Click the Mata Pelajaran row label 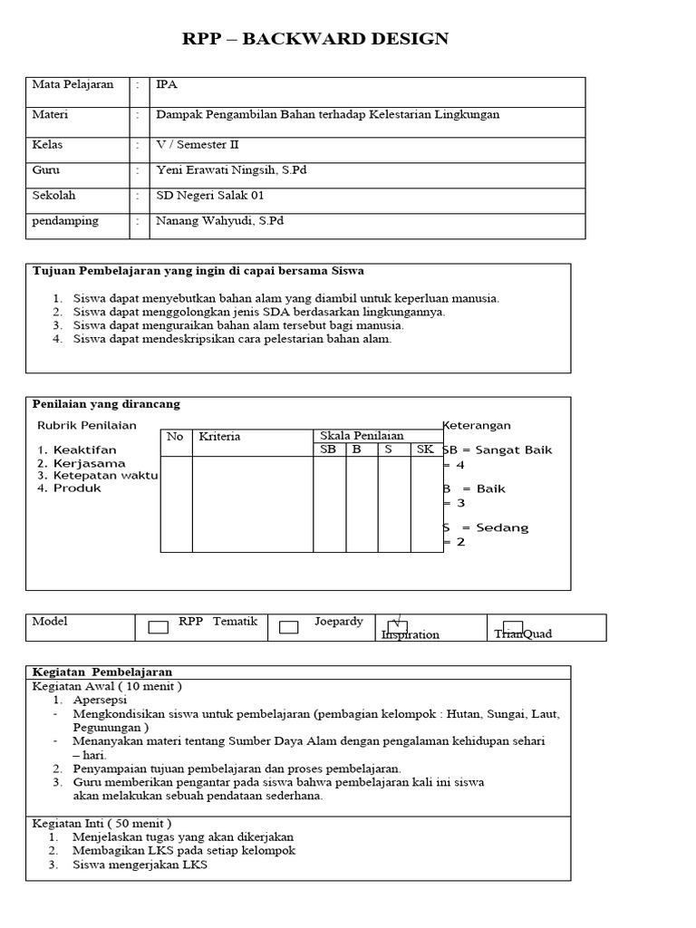[x=72, y=84]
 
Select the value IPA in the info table [x=166, y=84]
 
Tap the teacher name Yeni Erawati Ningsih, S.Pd [x=231, y=169]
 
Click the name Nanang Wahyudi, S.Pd [x=220, y=220]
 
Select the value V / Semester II [x=198, y=144]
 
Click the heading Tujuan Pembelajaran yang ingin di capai [x=198, y=270]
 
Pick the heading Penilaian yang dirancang [x=106, y=403]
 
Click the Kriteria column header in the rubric [x=219, y=436]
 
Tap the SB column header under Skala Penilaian [x=329, y=449]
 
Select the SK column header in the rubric [x=425, y=449]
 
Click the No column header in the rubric [x=175, y=436]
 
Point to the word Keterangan [x=477, y=425]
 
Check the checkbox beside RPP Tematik [x=158, y=627]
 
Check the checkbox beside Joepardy [x=289, y=627]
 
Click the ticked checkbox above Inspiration [x=397, y=626]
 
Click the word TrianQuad [x=523, y=633]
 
